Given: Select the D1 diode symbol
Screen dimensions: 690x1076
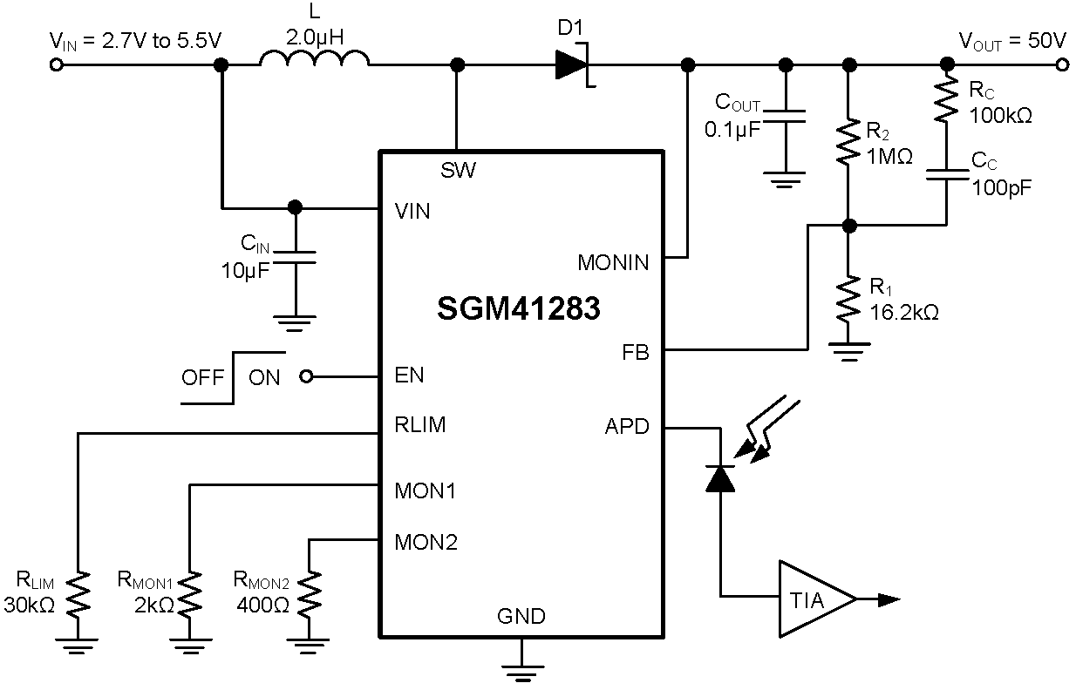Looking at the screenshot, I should tap(574, 64).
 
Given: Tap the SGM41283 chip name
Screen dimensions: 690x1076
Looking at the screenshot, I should tap(519, 308).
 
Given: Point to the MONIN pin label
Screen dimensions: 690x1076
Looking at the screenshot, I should tap(613, 262).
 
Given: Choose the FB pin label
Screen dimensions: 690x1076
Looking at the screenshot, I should tap(635, 354).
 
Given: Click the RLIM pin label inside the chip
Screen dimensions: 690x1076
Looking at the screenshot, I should tap(420, 425).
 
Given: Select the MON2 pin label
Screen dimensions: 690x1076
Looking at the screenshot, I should tap(426, 542).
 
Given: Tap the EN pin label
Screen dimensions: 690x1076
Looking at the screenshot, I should tap(410, 375).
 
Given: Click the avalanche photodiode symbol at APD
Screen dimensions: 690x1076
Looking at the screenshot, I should tap(720, 478).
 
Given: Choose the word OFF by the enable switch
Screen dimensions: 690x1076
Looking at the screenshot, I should tap(202, 378).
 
